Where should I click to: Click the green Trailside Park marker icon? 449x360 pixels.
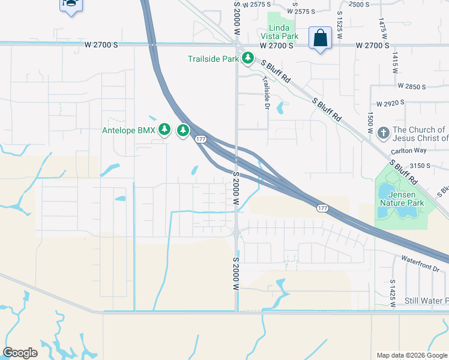(x=247, y=58)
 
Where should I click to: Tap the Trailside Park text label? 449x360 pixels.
(x=214, y=59)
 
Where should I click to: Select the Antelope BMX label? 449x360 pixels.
(x=129, y=130)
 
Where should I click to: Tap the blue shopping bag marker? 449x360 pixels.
(x=320, y=38)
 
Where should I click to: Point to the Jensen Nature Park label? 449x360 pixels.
(x=402, y=199)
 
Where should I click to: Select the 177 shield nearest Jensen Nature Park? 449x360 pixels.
(x=322, y=208)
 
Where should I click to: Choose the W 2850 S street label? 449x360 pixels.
(x=406, y=87)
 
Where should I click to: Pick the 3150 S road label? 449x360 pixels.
(x=420, y=166)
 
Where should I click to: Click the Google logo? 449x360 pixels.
(x=20, y=353)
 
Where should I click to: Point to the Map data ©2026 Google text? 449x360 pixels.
(x=411, y=355)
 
